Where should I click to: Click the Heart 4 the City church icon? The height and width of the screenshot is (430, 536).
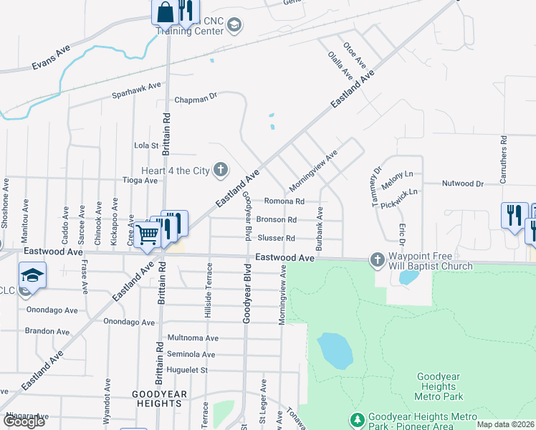tap(221, 170)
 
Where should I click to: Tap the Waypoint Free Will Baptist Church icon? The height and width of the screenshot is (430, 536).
tap(377, 259)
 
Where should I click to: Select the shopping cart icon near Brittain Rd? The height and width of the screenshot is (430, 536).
tap(147, 234)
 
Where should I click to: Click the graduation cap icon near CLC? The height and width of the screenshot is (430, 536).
tap(32, 275)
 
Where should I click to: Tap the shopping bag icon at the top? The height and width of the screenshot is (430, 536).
tap(165, 12)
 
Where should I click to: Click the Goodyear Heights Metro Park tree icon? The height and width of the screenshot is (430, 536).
tap(356, 419)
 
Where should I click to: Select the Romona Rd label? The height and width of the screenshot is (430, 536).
tap(284, 201)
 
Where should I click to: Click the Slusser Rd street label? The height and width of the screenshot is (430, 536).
tap(276, 238)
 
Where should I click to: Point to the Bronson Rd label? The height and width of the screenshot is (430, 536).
tap(276, 220)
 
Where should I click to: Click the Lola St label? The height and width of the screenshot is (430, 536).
tap(145, 145)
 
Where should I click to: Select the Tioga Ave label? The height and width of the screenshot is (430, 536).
tap(140, 181)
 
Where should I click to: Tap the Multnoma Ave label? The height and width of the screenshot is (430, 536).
tap(192, 338)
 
